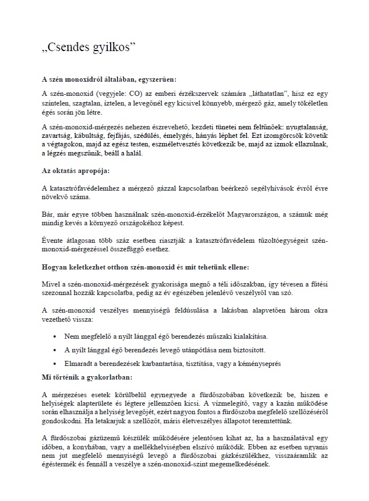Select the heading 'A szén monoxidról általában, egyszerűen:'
(x=113, y=79)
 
